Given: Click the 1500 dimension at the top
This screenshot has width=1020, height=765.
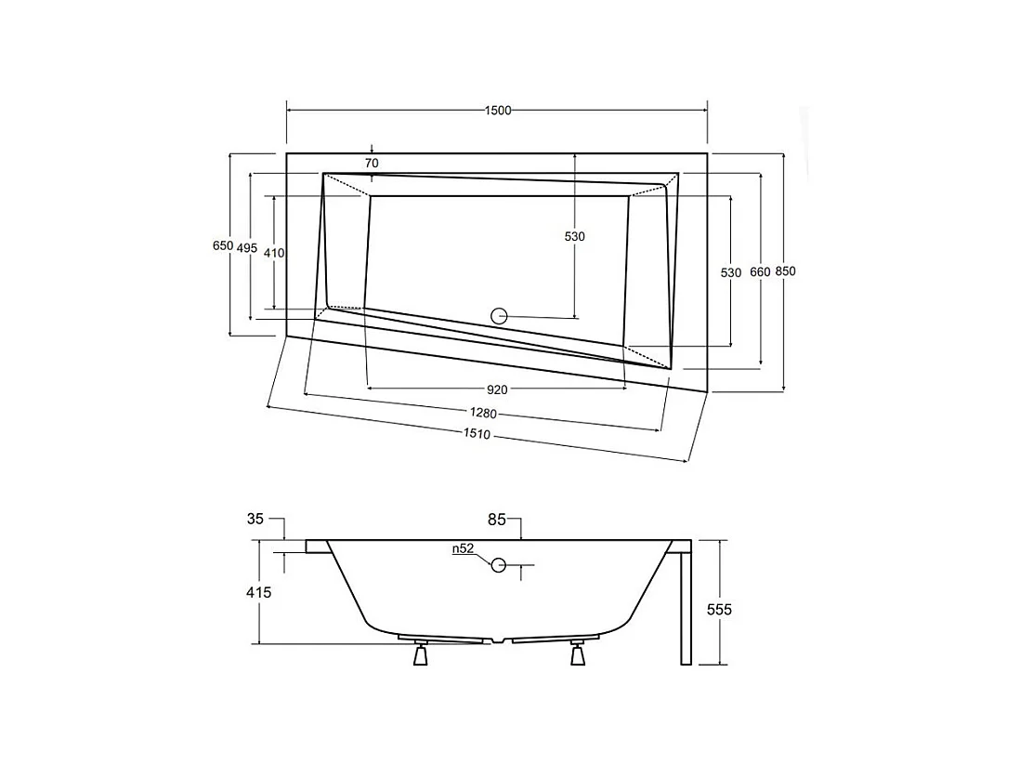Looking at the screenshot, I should [498, 111].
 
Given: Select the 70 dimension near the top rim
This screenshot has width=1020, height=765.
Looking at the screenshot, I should [372, 164].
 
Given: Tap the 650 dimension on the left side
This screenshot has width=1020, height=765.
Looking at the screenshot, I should [222, 246].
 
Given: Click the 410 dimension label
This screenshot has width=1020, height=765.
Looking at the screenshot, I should [273, 253].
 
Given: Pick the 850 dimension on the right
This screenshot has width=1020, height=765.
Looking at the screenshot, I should [786, 271].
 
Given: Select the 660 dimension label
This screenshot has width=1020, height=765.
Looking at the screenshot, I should [760, 271].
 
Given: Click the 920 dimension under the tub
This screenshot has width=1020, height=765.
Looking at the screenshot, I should [497, 389].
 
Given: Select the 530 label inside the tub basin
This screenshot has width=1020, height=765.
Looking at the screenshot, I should [575, 237].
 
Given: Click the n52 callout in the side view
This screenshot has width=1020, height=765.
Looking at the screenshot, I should [464, 549].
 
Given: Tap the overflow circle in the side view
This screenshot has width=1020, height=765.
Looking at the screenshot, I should [499, 564].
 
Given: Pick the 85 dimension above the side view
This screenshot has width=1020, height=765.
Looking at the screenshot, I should [496, 521].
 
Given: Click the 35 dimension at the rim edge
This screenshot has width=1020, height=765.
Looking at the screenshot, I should [255, 520].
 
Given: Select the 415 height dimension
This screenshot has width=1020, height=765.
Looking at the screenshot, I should [259, 592].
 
